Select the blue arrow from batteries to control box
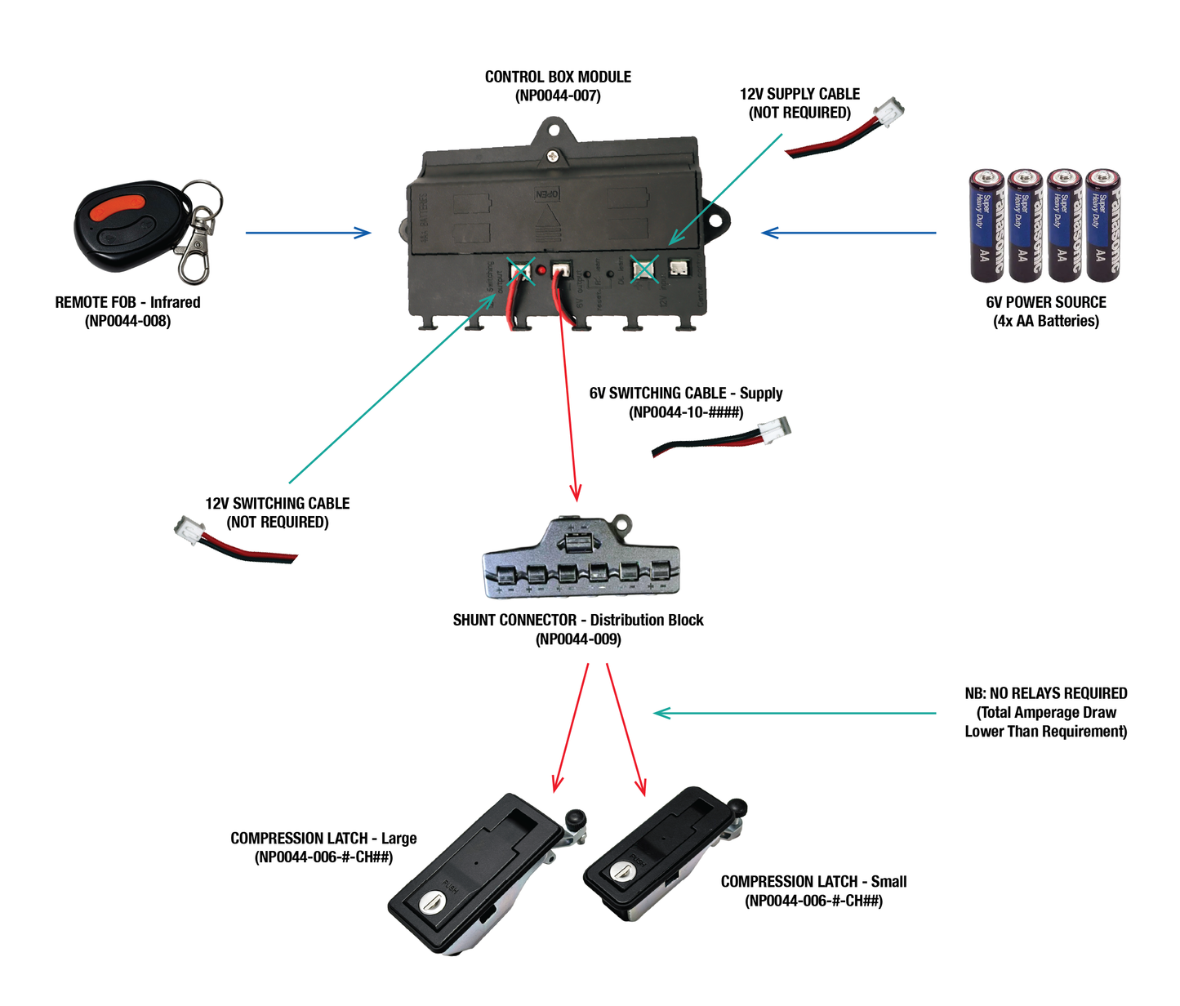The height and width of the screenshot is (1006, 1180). click(848, 233)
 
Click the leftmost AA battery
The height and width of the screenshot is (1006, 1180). click(986, 225)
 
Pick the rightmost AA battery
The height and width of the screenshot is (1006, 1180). click(1103, 225)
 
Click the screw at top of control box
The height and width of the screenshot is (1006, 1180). click(554, 154)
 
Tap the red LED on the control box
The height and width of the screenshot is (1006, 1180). click(541, 269)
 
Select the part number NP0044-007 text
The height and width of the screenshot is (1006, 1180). click(558, 96)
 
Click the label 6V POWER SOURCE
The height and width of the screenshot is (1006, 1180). click(1045, 302)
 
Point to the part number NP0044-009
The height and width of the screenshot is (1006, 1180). click(578, 639)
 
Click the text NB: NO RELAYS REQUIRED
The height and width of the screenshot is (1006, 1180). click(1045, 693)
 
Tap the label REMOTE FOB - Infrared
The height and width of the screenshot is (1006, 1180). click(127, 302)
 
